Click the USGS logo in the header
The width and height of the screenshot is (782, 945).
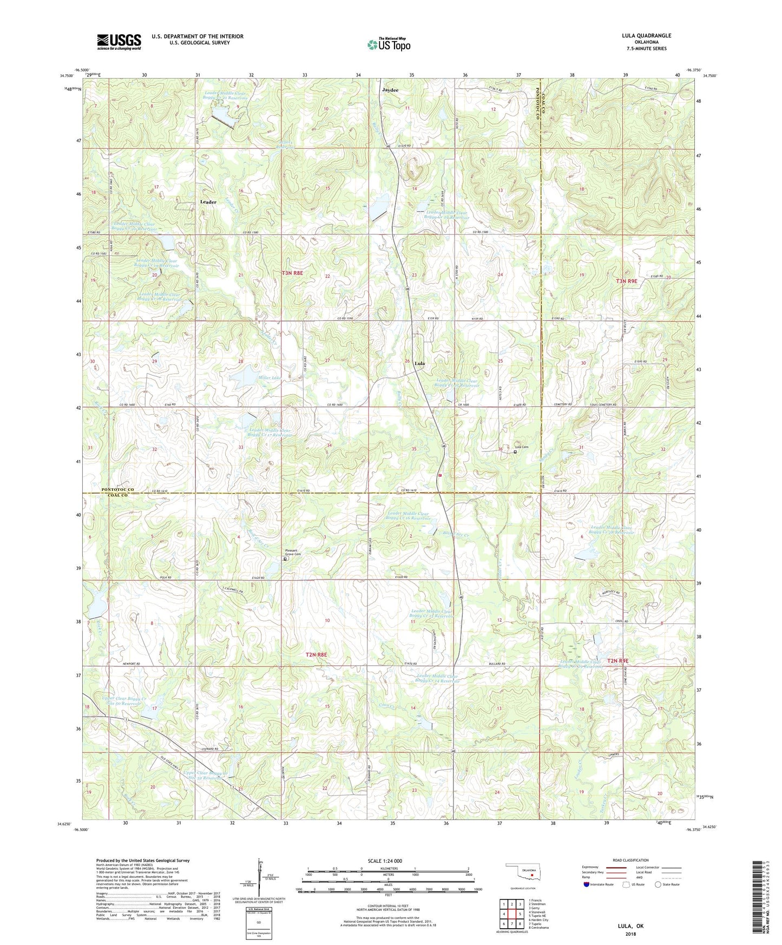point(119,41)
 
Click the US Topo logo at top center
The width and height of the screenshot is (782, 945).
point(389,44)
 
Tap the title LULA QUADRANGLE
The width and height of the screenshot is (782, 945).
point(646,36)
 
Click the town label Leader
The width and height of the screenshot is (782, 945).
point(208,202)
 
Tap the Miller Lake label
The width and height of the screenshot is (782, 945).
point(270,377)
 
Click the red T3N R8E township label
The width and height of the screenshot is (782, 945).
point(292,273)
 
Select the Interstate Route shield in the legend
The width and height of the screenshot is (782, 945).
point(588,884)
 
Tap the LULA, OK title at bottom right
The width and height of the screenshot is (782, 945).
point(630,926)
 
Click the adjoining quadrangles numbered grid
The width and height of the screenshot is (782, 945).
point(511,914)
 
